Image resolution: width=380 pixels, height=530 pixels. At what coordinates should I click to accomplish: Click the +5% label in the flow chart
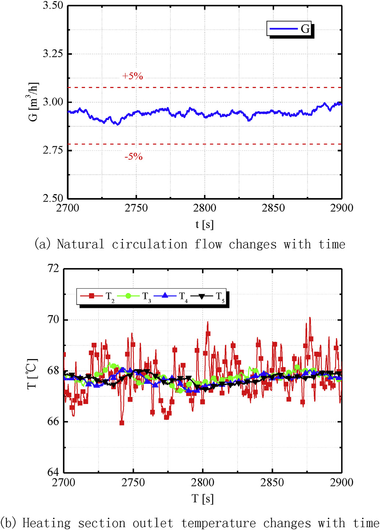[x=132, y=76]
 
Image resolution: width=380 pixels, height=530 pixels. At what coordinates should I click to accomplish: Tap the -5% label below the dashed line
[x=133, y=157]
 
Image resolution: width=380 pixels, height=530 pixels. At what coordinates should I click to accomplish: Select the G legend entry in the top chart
[x=290, y=29]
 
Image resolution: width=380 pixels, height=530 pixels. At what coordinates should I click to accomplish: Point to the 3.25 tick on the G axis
[x=53, y=54]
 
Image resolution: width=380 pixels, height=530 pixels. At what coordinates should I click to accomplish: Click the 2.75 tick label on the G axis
[x=53, y=150]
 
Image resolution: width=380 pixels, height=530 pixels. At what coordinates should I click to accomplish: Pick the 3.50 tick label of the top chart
[x=53, y=6]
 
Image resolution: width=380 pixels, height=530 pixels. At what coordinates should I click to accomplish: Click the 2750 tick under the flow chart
[x=136, y=208]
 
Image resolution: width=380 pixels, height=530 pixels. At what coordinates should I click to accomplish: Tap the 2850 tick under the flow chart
[x=273, y=208]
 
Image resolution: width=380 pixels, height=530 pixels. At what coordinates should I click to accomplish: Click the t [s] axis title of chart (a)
[x=205, y=224]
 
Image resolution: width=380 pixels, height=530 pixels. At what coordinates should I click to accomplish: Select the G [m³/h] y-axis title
[x=33, y=102]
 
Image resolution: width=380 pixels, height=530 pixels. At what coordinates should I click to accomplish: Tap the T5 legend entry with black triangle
[x=207, y=296]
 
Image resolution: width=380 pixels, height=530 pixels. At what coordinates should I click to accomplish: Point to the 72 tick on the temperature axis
[x=53, y=268]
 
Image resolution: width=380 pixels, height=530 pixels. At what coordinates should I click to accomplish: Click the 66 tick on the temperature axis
[x=53, y=421]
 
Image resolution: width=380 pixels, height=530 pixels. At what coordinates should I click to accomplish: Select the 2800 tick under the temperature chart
[x=203, y=482]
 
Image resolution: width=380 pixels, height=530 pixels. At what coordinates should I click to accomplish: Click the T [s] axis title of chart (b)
[x=203, y=499]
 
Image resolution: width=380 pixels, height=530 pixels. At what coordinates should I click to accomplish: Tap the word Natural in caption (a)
[x=81, y=244]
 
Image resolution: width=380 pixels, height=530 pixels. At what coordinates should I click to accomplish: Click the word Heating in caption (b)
[x=46, y=523]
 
